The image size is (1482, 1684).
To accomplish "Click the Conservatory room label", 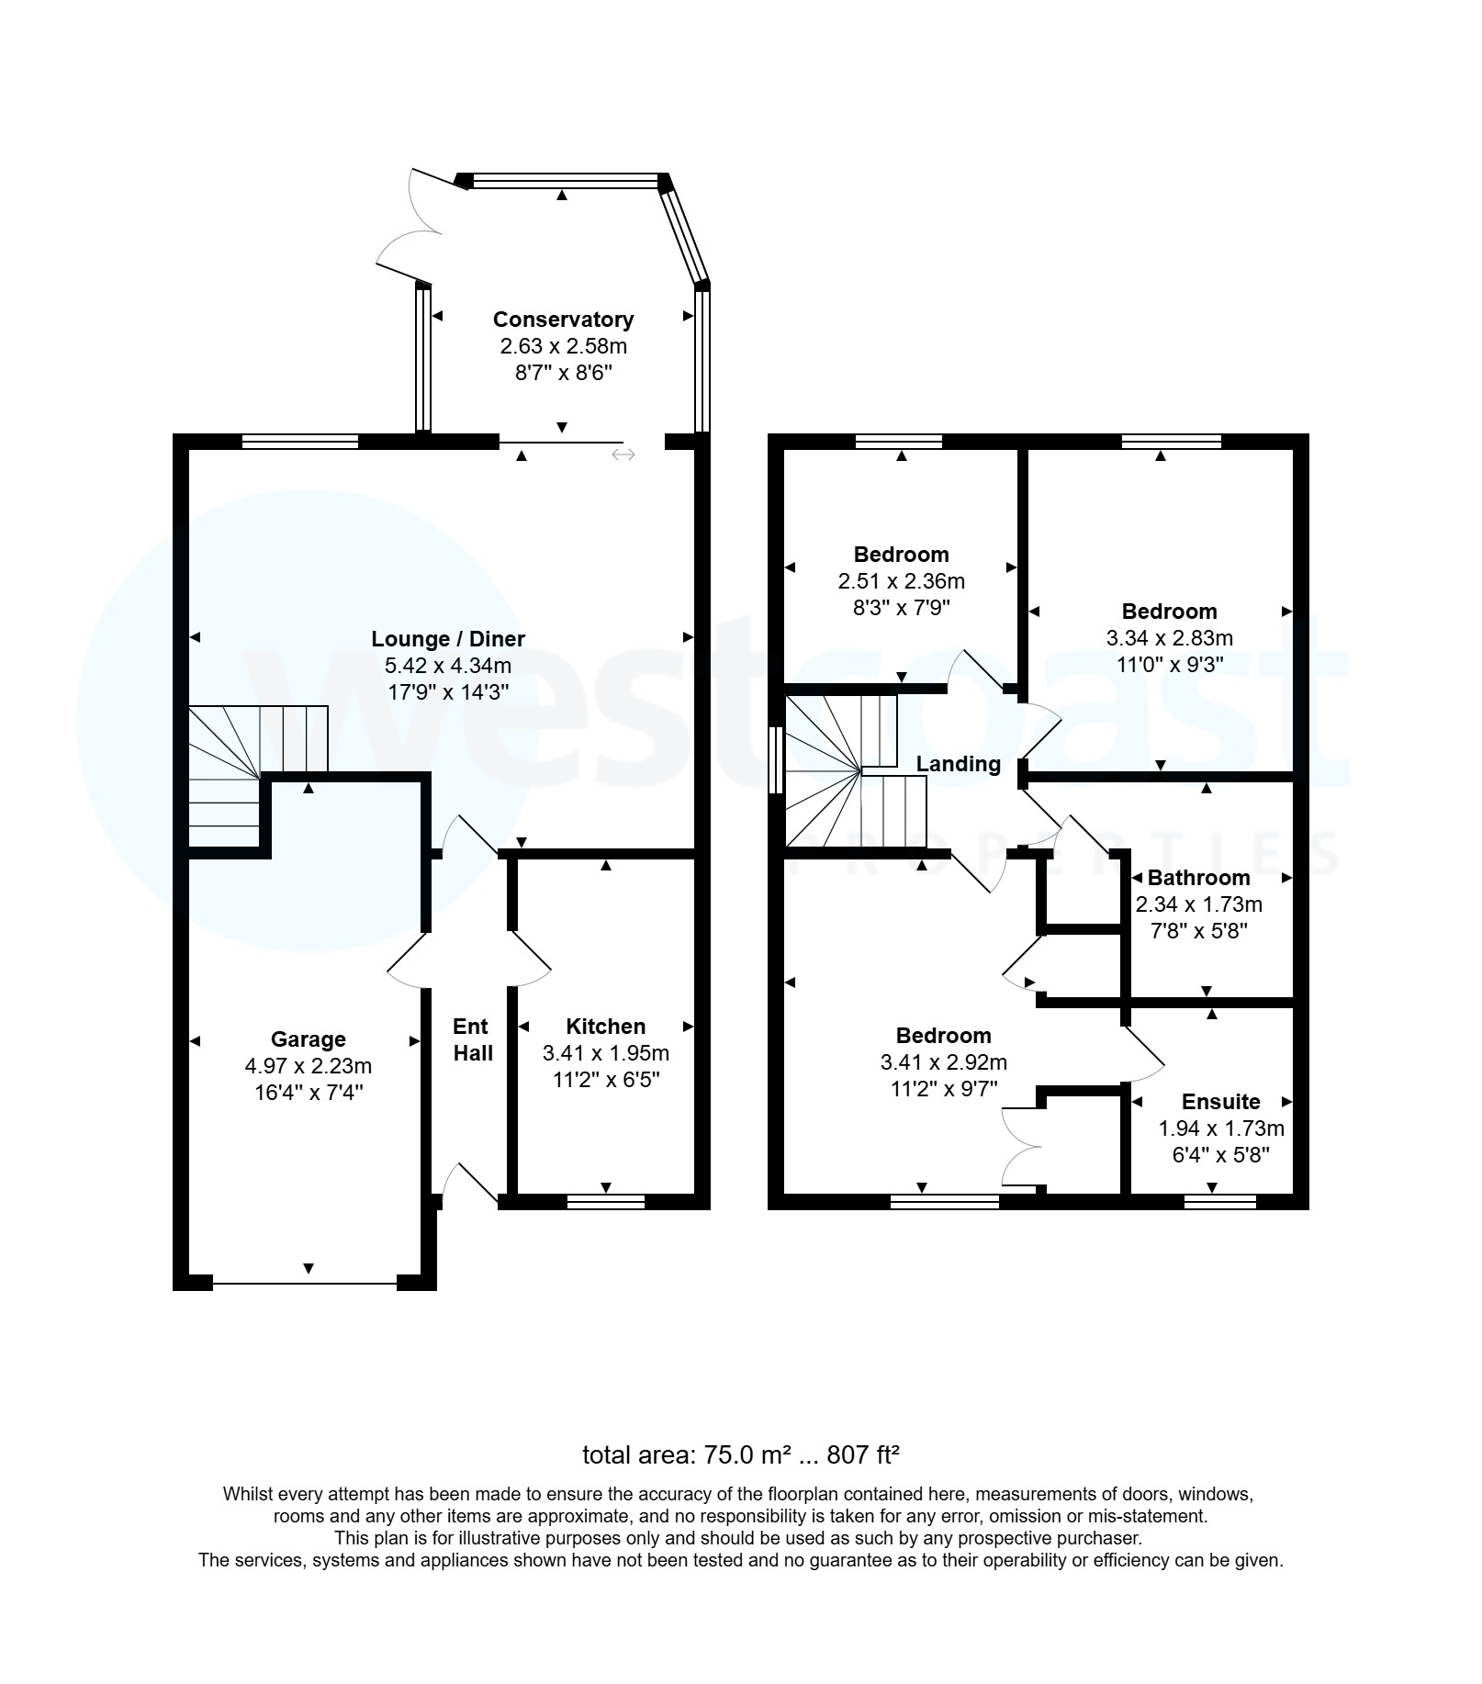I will [x=563, y=320].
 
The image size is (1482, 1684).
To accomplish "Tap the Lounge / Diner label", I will [x=448, y=639].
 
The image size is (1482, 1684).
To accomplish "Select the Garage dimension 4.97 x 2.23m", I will [x=308, y=1066].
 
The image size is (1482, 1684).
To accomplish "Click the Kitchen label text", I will [x=605, y=1027].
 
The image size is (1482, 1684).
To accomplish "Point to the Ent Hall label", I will [x=472, y=1039].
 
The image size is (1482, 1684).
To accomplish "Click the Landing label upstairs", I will [x=958, y=764].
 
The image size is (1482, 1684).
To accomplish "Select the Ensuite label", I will [x=1220, y=1102].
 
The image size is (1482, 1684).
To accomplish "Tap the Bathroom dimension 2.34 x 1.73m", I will [x=1198, y=904].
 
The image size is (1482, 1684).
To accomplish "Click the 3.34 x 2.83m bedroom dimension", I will [x=1169, y=638].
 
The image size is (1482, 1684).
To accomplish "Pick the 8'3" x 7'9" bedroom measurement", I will [x=901, y=608].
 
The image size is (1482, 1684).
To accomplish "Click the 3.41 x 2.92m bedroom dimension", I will [x=943, y=1062].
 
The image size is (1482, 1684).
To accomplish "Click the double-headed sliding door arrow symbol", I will [x=623, y=455].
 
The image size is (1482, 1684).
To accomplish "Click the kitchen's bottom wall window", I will [x=605, y=1201].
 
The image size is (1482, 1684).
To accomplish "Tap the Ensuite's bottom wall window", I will [x=1219, y=1201].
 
